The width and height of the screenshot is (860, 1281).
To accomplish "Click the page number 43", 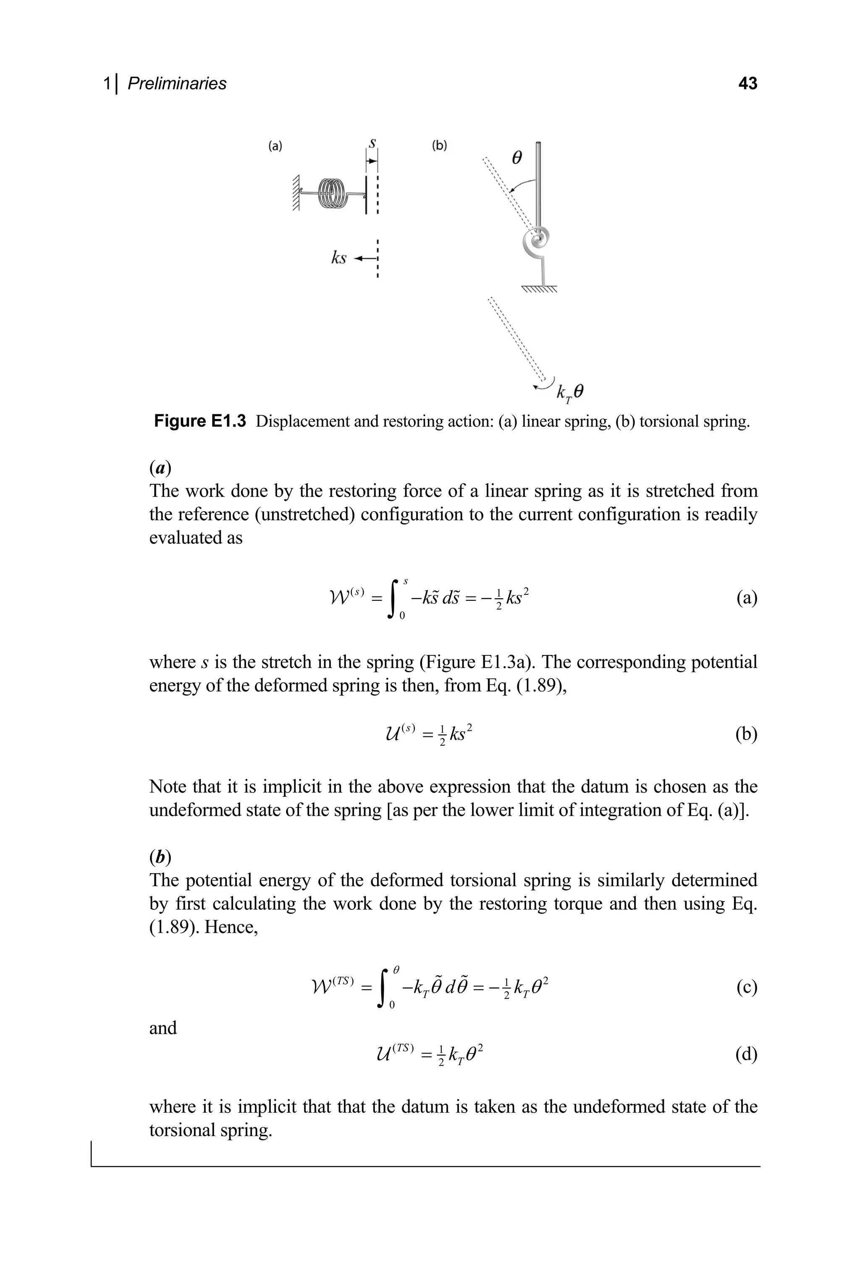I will tap(747, 84).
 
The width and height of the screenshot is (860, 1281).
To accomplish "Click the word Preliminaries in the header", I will tap(177, 84).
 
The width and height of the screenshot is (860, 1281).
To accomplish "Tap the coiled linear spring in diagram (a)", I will tap(333, 192).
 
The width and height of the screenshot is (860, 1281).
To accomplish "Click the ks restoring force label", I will tap(338, 258).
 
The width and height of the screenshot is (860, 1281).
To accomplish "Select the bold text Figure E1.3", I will tap(199, 421).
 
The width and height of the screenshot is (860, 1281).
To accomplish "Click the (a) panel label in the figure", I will tap(275, 146).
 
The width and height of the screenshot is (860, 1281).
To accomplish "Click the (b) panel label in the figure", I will tap(439, 146).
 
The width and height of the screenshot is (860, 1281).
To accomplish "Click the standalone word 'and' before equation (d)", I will tap(163, 1028).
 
